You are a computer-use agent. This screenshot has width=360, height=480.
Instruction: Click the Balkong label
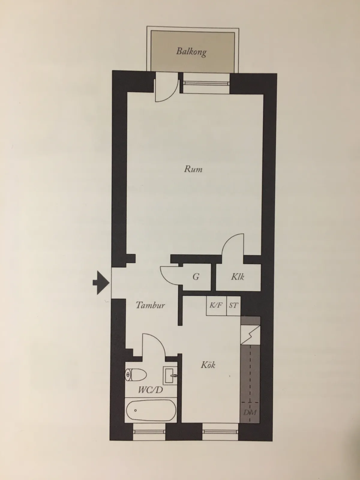pos(191,52)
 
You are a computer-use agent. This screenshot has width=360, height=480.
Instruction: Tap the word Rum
pos(193,169)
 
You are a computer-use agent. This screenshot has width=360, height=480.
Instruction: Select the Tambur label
pos(150,305)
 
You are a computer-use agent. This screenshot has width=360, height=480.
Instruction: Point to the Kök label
pos(208,365)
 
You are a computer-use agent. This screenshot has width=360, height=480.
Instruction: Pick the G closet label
pos(196,277)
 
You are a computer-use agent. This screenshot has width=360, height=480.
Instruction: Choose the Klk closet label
pos(238,277)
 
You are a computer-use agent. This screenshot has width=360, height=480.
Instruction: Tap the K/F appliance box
pos(216,306)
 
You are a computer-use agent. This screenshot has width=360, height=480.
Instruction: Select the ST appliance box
pos(233,306)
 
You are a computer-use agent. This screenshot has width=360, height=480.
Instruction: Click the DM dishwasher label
pos(250,412)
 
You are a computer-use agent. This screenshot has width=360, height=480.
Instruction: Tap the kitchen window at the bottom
pos(220,431)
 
